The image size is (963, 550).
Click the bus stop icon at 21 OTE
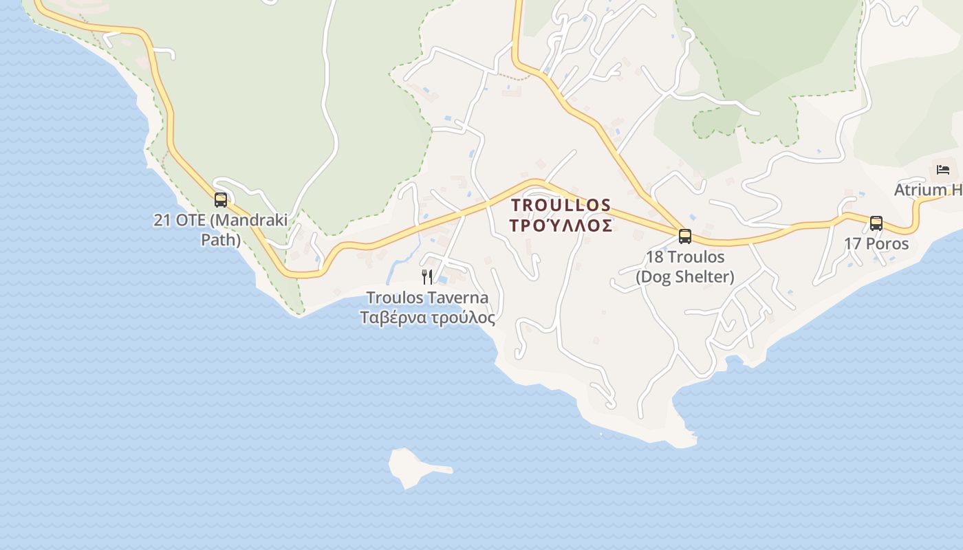click(220, 200)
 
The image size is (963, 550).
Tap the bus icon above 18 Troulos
click(684, 236)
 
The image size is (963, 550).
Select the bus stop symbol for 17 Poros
click(876, 223)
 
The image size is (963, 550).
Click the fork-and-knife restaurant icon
click(427, 277)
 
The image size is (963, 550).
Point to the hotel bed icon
click(942, 169)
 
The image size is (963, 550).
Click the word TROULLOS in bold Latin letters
click(561, 205)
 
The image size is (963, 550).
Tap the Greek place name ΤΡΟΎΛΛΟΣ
click(561, 225)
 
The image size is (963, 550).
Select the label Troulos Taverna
click(427, 298)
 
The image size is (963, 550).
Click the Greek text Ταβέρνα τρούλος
click(427, 318)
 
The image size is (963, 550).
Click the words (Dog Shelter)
click(684, 277)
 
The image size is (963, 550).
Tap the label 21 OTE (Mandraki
click(220, 221)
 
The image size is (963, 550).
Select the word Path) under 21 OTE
click(220, 241)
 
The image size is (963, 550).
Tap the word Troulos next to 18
click(695, 257)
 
